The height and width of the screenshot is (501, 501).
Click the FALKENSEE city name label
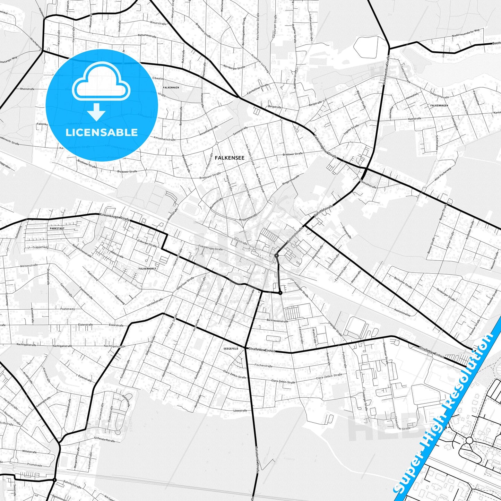tap(230, 158)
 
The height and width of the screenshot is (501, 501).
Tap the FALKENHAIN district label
tap(171, 88)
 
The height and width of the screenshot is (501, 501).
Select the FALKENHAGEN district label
tap(439, 105)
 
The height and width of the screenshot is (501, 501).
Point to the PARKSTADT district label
tap(57, 229)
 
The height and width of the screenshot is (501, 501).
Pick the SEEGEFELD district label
tap(231, 348)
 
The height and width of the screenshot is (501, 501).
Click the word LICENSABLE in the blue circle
tap(102, 132)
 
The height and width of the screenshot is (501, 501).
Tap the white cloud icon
tap(101, 84)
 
